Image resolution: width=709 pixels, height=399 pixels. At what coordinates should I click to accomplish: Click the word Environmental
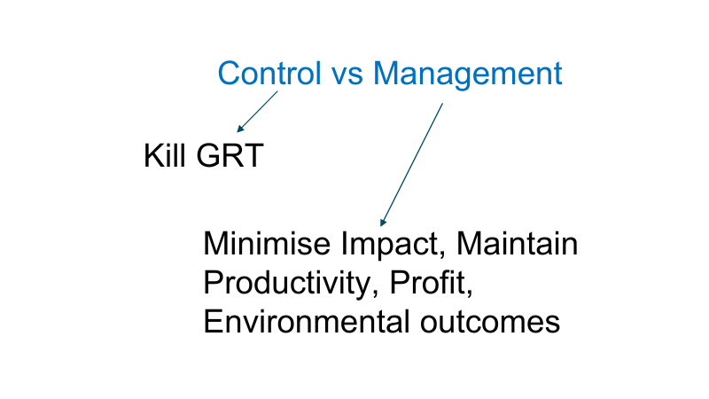(x=305, y=321)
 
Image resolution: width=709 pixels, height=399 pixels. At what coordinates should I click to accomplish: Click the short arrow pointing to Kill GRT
(x=257, y=112)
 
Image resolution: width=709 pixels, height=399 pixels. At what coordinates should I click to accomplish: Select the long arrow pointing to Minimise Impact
(x=411, y=164)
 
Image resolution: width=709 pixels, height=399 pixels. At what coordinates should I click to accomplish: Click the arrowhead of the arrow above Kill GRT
(x=240, y=129)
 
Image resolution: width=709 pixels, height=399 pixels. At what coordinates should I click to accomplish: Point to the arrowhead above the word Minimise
(x=383, y=222)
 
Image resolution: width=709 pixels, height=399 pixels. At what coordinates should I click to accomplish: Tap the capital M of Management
(x=387, y=74)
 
